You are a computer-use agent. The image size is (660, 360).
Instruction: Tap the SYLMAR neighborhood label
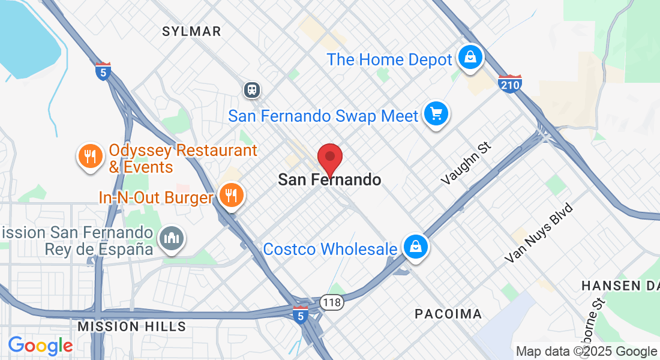pyautogui.click(x=191, y=31)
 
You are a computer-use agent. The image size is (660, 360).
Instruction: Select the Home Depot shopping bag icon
pyautogui.click(x=471, y=58)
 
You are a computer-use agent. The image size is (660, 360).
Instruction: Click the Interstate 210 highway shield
pyautogui.click(x=509, y=83)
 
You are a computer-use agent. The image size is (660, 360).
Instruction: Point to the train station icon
pyautogui.click(x=251, y=90)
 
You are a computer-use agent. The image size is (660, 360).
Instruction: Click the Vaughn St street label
pyautogui.click(x=466, y=163)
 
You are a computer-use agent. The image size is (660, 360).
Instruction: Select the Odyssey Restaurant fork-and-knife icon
pyautogui.click(x=90, y=157)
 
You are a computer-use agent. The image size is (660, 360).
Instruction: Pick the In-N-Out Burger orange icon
pyautogui.click(x=230, y=195)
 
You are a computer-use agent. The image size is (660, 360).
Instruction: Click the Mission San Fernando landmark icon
pyautogui.click(x=172, y=239)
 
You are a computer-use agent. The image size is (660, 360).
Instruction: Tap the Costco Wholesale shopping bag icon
pyautogui.click(x=415, y=246)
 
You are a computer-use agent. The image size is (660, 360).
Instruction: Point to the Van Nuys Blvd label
pyautogui.click(x=539, y=233)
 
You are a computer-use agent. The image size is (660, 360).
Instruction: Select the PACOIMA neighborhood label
pyautogui.click(x=448, y=314)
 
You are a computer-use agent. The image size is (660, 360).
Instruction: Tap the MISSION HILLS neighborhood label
pyautogui.click(x=132, y=326)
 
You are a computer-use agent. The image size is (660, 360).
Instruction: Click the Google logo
pyautogui.click(x=40, y=346)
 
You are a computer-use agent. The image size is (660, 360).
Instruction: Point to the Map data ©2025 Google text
pyautogui.click(x=586, y=352)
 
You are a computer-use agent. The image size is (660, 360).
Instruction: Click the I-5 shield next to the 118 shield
pyautogui.click(x=301, y=314)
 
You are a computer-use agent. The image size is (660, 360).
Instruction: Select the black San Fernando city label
pyautogui.click(x=329, y=179)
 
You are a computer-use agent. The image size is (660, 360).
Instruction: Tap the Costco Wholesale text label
pyautogui.click(x=330, y=249)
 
